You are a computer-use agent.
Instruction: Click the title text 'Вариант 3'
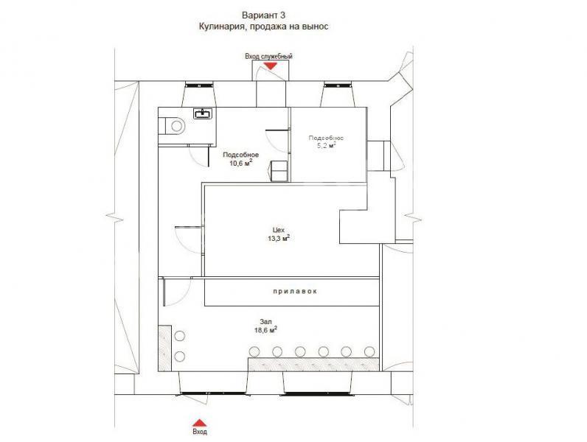pos(263,15)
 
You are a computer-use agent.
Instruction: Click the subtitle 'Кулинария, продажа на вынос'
pos(263,27)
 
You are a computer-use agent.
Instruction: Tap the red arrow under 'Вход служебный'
pos(270,66)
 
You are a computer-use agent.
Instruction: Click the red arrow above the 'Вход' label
pos(200,423)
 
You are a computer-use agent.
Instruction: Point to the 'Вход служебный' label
pos(268,56)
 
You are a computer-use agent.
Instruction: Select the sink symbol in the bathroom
pos(203,113)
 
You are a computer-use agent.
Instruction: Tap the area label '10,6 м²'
pos(241,163)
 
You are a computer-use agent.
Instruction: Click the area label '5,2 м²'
pos(326,145)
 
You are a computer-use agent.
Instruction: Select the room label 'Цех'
pos(279,230)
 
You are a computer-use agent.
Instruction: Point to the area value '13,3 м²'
pos(279,238)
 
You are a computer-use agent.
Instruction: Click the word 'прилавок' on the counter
pos(295,291)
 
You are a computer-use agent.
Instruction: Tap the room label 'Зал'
pos(265,322)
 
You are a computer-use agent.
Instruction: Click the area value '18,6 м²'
pos(265,330)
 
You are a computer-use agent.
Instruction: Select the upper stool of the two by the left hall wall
pos(180,336)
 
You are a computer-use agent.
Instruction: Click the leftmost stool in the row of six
pos(254,351)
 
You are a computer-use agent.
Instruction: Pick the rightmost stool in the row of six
pos(369,351)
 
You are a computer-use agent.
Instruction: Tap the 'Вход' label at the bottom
pos(200,432)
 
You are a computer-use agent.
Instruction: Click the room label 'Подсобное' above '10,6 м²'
pos(240,155)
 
